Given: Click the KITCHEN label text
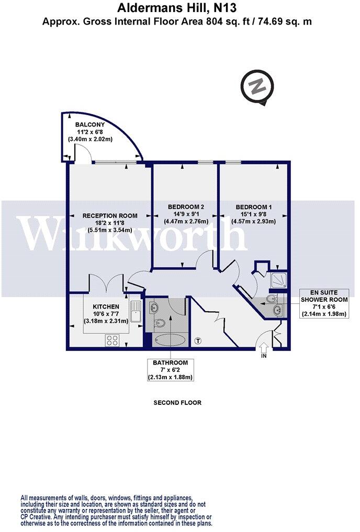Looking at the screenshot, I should pyautogui.click(x=106, y=307).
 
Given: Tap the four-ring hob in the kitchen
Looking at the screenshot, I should pyautogui.click(x=112, y=340).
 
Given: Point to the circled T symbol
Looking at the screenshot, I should pyautogui.click(x=197, y=342).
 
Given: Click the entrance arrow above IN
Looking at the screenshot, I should pyautogui.click(x=264, y=346).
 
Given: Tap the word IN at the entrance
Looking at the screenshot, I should pyautogui.click(x=264, y=356).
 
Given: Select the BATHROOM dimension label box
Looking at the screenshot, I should pyautogui.click(x=172, y=370).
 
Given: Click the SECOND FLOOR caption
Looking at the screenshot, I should pyautogui.click(x=177, y=403).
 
